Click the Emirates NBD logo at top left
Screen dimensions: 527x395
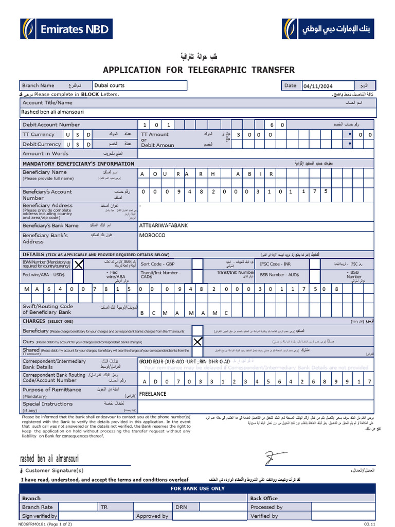pyautogui.click(x=66, y=29)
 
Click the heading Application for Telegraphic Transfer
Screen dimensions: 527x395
pyautogui.click(x=199, y=70)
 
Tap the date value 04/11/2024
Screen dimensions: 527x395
pyautogui.click(x=318, y=86)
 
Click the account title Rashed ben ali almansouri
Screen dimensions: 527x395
pyautogui.click(x=52, y=112)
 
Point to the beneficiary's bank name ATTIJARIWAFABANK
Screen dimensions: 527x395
pyautogui.click(x=164, y=225)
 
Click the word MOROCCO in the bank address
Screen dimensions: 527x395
pyautogui.click(x=152, y=235)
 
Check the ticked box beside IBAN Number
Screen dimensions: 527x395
pyautogui.click(x=79, y=265)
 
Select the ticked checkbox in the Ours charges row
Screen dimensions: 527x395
pyautogui.click(x=197, y=341)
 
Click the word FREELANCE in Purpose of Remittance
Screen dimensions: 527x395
pyautogui.click(x=153, y=394)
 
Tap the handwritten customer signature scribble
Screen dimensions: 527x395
pyautogui.click(x=273, y=457)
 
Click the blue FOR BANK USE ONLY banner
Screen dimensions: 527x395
pyautogui.click(x=197, y=488)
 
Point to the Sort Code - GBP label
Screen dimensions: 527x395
pyautogui.click(x=157, y=264)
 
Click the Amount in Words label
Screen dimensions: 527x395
pyautogui.click(x=45, y=153)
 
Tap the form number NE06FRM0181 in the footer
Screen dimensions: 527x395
pyautogui.click(x=35, y=524)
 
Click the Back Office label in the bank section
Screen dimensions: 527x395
pyautogui.click(x=264, y=498)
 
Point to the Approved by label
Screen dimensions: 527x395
pyautogui.click(x=152, y=516)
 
